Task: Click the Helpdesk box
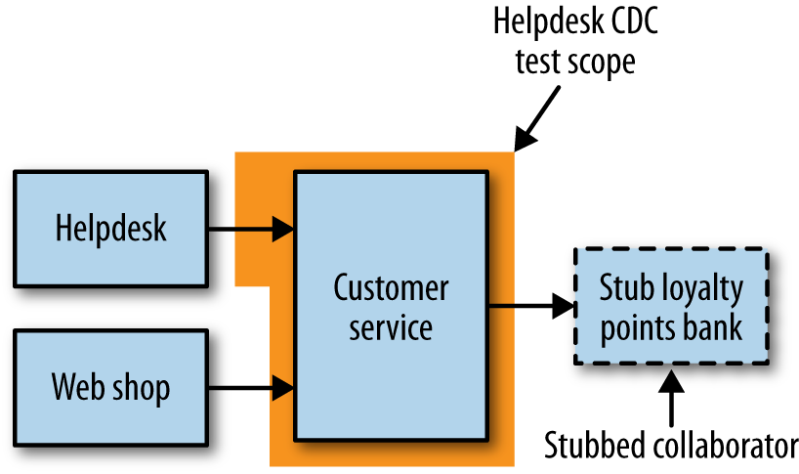(x=110, y=229)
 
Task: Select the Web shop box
(x=110, y=387)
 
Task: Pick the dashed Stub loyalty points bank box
(x=670, y=308)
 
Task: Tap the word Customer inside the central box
(x=391, y=288)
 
